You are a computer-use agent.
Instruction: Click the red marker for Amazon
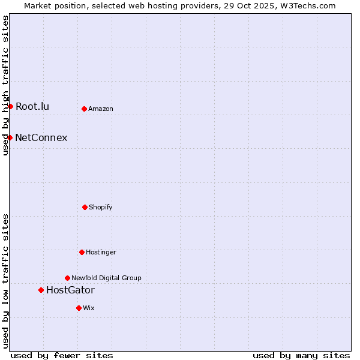coord(84,109)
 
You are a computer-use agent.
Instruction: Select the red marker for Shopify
coord(85,207)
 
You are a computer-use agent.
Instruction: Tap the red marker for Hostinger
coord(82,252)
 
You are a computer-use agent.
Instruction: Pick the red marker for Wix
coord(79,308)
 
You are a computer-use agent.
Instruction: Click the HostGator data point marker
coord(41,290)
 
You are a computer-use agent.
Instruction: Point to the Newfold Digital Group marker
coord(67,278)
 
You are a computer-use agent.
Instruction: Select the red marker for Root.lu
coord(10,106)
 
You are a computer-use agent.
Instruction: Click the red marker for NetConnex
coord(10,137)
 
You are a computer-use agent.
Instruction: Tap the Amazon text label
coord(101,109)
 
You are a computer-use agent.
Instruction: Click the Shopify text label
coord(101,208)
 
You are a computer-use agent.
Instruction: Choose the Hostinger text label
coord(101,253)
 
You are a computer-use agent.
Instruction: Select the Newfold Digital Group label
coord(106,278)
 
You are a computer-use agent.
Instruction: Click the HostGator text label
coord(70,290)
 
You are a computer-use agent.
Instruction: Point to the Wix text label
coord(89,308)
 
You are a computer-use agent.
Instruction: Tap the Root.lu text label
coord(32,107)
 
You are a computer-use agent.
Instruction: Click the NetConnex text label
coord(41,138)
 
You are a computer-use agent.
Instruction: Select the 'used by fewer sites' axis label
coord(62,355)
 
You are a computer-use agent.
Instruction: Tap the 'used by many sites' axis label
coord(301,355)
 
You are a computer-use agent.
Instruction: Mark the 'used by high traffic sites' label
coord(5,85)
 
